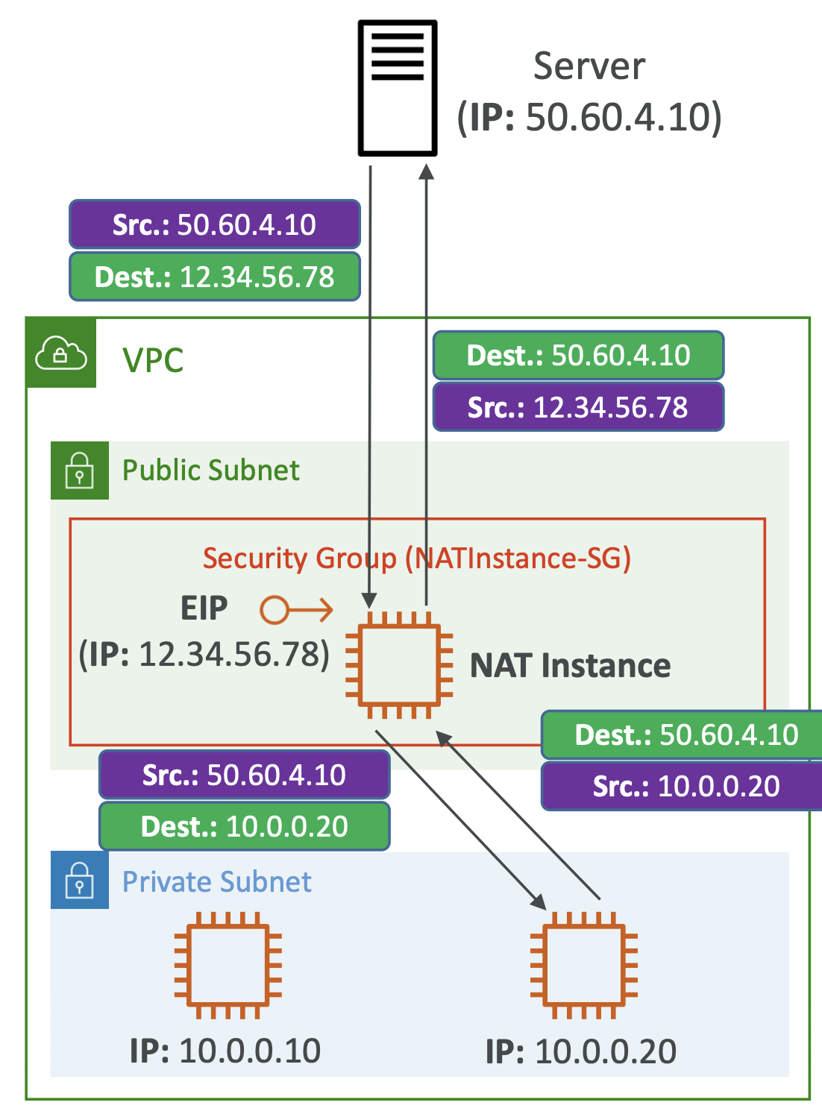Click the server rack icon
(x=397, y=88)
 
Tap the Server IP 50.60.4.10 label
(x=589, y=117)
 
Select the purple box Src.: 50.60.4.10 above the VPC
(x=215, y=224)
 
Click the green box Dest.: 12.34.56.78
(x=215, y=277)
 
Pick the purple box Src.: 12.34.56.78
(x=578, y=407)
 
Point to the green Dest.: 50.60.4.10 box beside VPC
(x=578, y=356)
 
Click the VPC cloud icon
(x=61, y=353)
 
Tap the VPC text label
(x=153, y=360)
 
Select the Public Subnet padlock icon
(x=80, y=471)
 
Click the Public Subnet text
(x=211, y=471)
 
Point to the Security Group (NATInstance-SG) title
(x=417, y=558)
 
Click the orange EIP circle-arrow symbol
(x=296, y=610)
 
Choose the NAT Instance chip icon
(x=399, y=665)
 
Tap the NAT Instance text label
(x=570, y=665)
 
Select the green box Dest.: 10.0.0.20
(x=245, y=826)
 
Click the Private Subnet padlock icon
(x=80, y=881)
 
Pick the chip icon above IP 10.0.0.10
(x=228, y=965)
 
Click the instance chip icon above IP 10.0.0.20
(x=584, y=965)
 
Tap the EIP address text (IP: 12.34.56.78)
(x=204, y=654)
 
